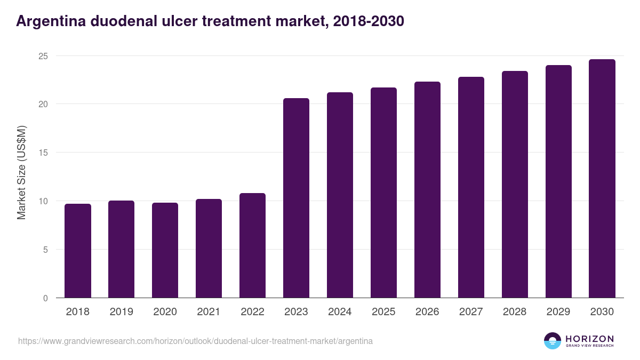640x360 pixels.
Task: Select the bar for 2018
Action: coord(78,251)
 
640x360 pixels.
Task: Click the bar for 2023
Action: coord(296,198)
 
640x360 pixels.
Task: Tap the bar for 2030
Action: coord(602,179)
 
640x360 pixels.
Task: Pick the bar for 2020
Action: coord(165,250)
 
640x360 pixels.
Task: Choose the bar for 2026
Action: coord(427,190)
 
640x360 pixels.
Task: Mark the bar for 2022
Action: coord(252,245)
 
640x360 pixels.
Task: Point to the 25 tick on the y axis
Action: coord(43,56)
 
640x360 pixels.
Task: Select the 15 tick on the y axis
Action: coord(43,153)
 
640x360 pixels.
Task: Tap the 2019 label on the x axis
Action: coord(121,312)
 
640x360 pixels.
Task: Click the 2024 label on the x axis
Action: coord(340,312)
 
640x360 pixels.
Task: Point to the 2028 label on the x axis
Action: coord(515,312)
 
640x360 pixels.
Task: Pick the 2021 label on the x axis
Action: coord(209,312)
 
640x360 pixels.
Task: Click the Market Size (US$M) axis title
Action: coord(21,172)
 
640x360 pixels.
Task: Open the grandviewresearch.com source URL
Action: coord(195,341)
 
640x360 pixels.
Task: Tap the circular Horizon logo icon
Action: coord(553,341)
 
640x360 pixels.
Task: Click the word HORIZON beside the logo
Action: coord(589,338)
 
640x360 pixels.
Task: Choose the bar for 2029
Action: coord(558,181)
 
